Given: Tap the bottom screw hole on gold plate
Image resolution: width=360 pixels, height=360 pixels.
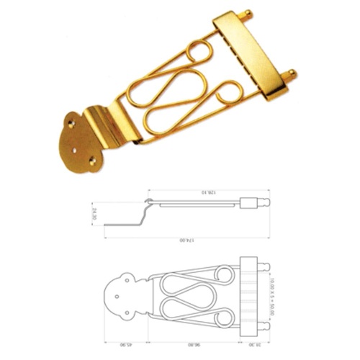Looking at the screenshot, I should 91,162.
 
